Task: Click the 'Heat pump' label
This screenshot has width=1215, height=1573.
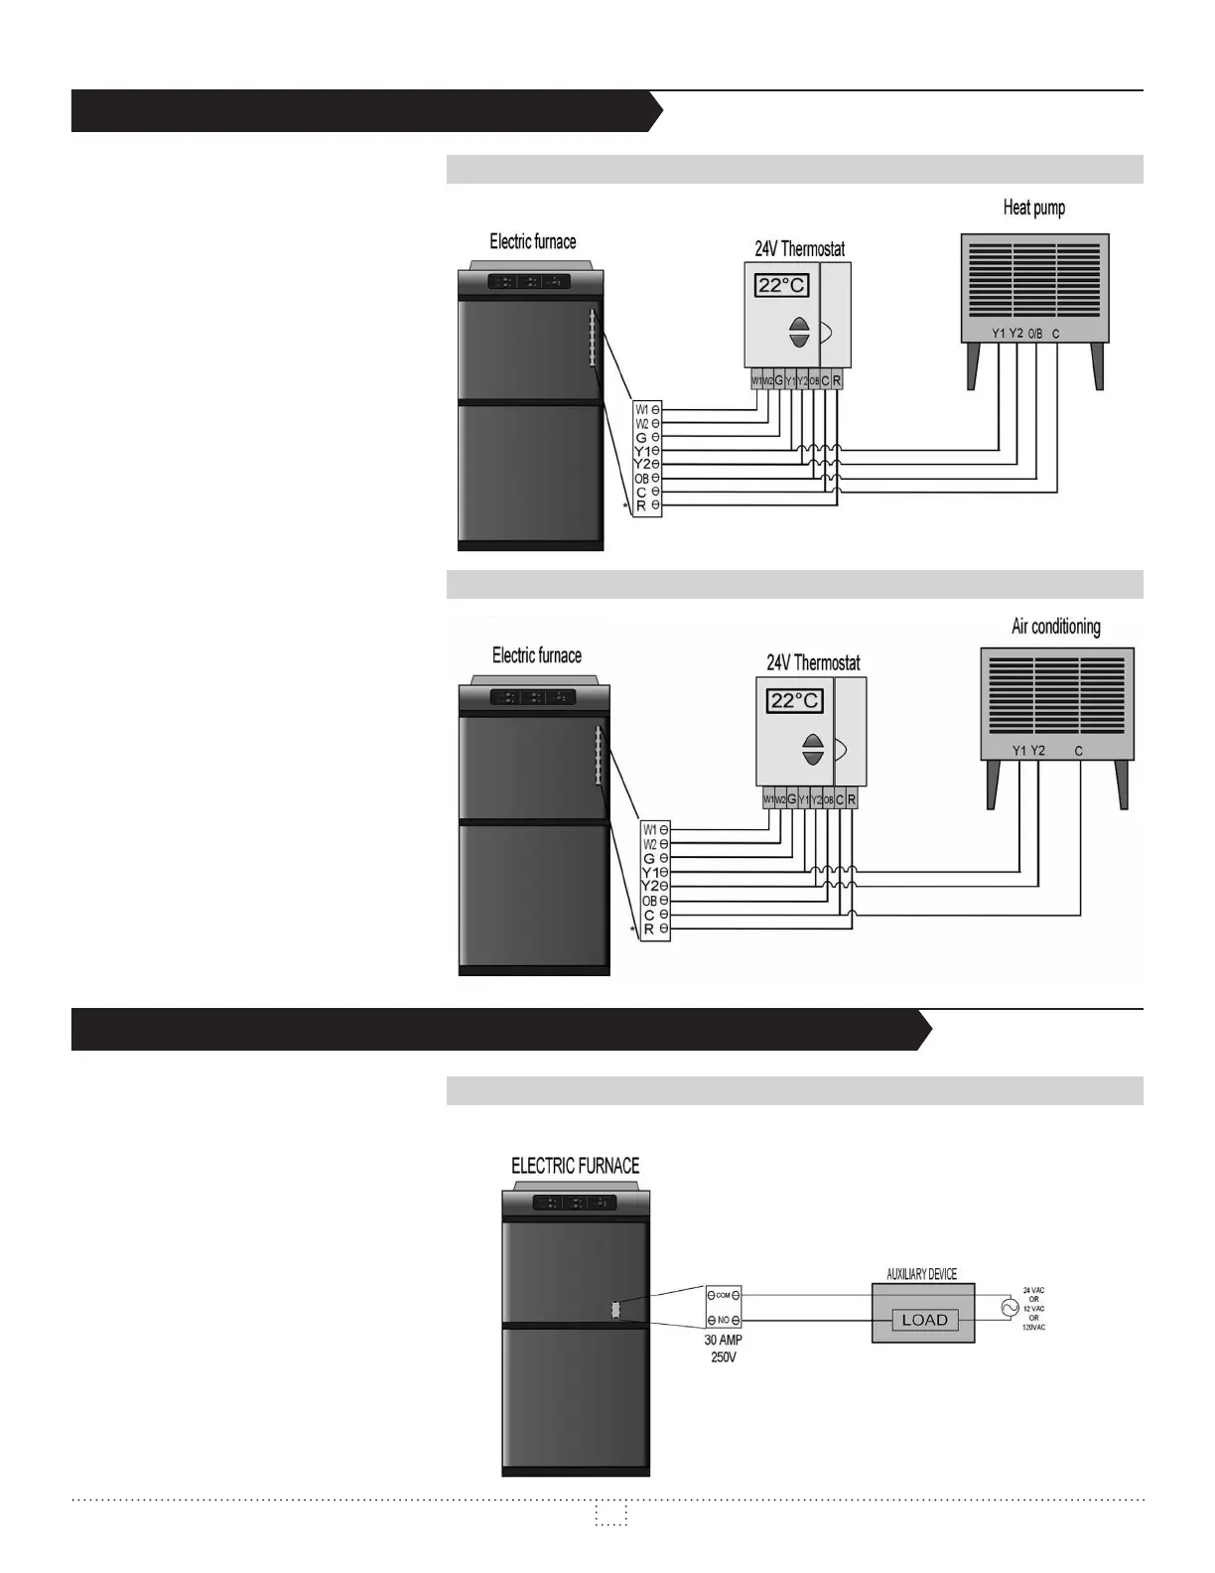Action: [1033, 208]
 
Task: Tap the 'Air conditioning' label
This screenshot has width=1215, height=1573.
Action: [1055, 627]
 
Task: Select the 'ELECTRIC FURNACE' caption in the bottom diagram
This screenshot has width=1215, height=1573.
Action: [575, 1166]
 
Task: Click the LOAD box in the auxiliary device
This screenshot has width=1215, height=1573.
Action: [924, 1320]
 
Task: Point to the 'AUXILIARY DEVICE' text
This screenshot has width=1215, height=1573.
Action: [921, 1274]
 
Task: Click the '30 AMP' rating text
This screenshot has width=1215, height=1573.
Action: [724, 1340]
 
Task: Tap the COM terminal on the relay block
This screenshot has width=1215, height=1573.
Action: [724, 1295]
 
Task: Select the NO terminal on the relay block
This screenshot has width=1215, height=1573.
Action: [724, 1321]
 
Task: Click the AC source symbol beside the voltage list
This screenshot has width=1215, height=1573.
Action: [1010, 1309]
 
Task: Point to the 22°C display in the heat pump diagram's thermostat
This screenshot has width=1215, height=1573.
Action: [782, 286]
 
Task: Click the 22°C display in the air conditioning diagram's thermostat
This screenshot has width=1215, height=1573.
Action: [796, 701]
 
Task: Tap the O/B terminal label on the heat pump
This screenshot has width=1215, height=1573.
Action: [1034, 334]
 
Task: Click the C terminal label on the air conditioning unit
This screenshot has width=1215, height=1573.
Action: [1079, 751]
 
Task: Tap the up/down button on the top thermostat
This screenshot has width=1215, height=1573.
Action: [799, 334]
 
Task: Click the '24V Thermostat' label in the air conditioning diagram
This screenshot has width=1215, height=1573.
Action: [813, 662]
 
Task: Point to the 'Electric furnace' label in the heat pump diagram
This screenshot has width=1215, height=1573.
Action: [532, 241]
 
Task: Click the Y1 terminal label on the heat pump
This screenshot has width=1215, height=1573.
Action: [998, 334]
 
